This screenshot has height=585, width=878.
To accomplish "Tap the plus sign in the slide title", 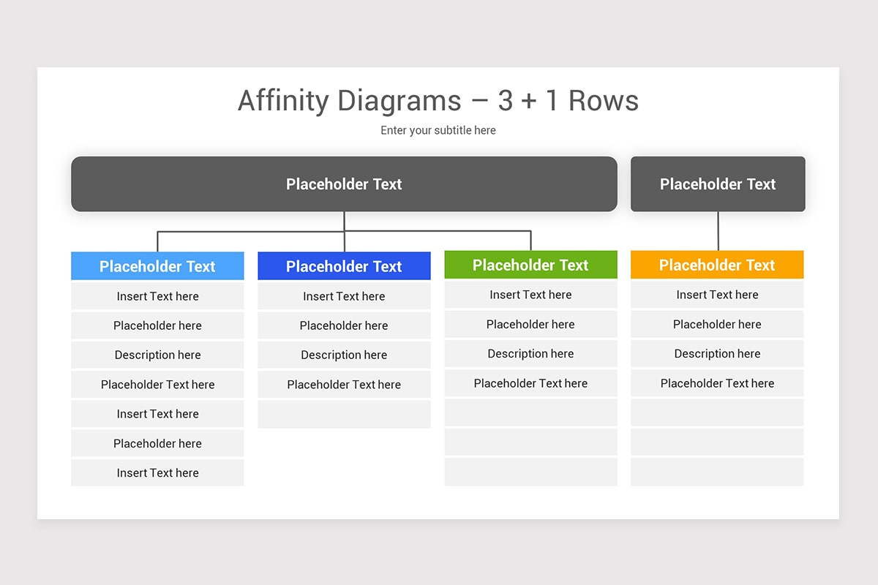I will [x=528, y=102].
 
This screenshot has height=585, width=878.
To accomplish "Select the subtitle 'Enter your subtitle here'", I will [x=438, y=130].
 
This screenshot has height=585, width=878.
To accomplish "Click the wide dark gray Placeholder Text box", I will [x=344, y=184].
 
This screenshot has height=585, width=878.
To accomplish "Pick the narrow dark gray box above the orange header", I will [x=717, y=184].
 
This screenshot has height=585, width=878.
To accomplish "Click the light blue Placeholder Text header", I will [x=157, y=266].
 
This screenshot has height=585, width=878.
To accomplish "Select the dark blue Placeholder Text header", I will [x=344, y=266].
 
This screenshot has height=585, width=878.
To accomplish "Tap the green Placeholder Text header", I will [x=530, y=265].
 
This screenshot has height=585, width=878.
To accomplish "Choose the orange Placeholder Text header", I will [x=717, y=265].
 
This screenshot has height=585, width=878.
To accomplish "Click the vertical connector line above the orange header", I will [x=718, y=231].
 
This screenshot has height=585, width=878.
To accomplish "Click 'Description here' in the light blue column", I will [x=157, y=355].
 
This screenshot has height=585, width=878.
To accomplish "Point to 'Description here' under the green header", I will [x=530, y=353].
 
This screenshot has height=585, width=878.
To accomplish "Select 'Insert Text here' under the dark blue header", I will [x=344, y=296].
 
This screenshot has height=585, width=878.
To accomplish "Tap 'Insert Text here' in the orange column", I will [x=717, y=295].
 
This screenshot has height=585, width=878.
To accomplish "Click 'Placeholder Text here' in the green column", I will [x=530, y=383].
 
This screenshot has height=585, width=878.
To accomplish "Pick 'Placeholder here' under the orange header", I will [x=717, y=324].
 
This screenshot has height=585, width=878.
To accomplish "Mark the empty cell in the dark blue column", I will [x=344, y=414].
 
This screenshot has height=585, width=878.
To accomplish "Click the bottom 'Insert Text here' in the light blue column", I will [x=157, y=472].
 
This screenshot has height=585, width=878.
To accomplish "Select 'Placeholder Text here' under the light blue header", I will [x=157, y=385].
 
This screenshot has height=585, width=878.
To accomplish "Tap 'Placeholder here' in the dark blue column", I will [x=344, y=325].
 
